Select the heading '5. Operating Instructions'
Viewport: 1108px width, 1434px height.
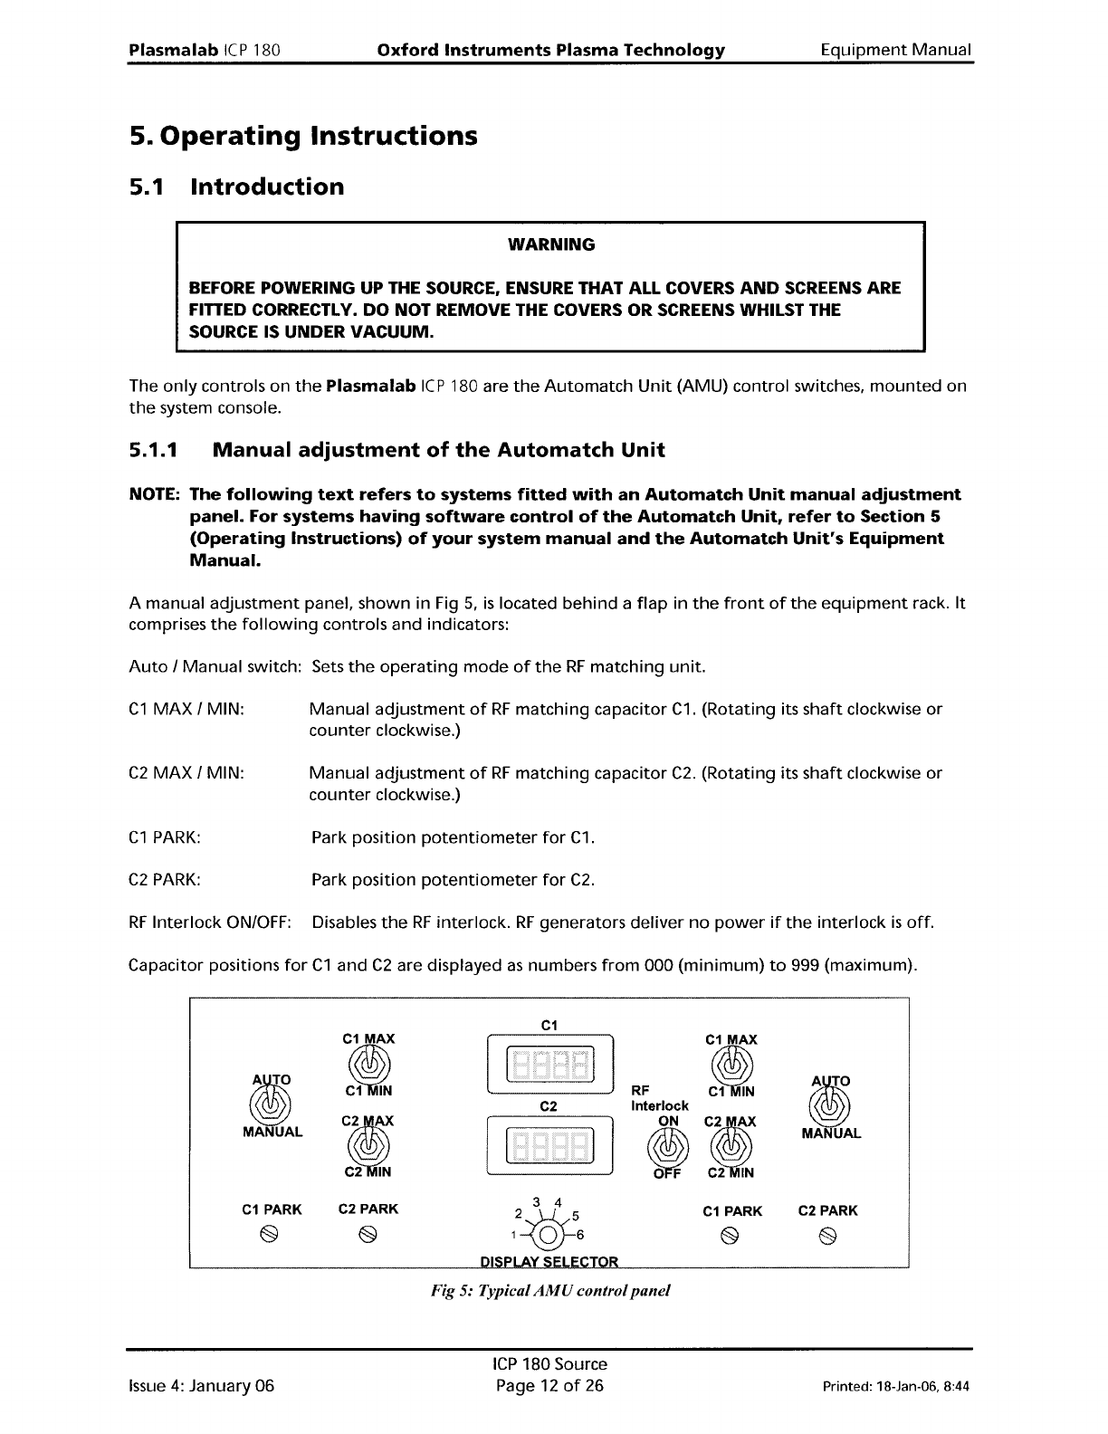point(302,136)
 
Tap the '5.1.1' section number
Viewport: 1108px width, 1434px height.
point(155,450)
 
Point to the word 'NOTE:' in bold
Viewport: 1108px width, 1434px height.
point(156,494)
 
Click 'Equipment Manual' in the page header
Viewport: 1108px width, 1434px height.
point(895,50)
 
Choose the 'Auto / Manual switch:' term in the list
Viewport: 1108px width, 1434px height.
point(215,667)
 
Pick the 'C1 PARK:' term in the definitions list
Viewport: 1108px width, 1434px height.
point(165,837)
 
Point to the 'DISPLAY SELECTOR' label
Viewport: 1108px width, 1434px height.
point(549,1262)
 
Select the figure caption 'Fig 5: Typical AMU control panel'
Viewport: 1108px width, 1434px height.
point(549,1290)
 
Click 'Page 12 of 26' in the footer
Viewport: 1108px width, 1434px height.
point(549,1385)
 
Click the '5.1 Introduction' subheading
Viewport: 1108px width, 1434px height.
point(236,187)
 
